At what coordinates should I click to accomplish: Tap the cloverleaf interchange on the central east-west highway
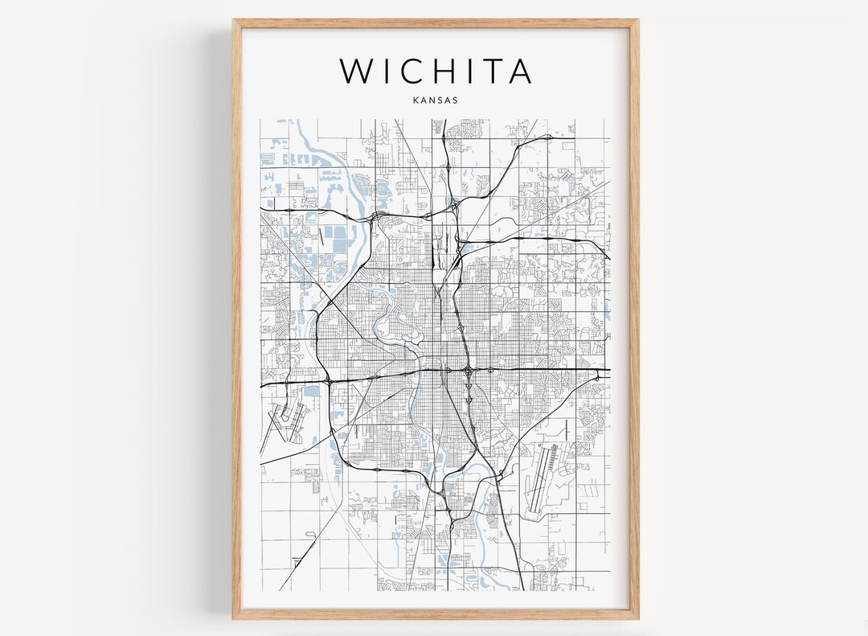tap(468, 371)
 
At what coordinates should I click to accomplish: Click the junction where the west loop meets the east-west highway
tap(328, 379)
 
